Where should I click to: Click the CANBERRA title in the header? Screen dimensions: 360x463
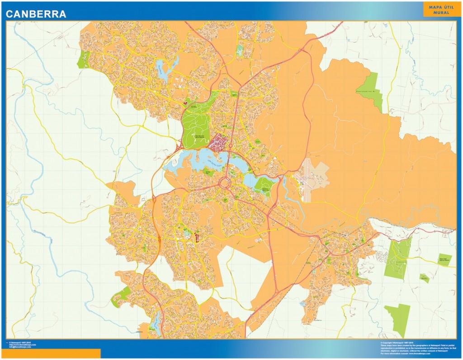click(36, 14)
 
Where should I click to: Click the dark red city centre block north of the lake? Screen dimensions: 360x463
click(218, 142)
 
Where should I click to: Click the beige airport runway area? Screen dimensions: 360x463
click(312, 179)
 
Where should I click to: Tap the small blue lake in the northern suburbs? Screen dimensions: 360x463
click(164, 69)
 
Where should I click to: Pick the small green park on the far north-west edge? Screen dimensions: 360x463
click(83, 60)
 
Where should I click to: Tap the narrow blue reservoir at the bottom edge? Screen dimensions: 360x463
click(157, 322)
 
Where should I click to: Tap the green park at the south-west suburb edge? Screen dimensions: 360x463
click(121, 295)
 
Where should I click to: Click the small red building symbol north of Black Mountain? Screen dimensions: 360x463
click(185, 104)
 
